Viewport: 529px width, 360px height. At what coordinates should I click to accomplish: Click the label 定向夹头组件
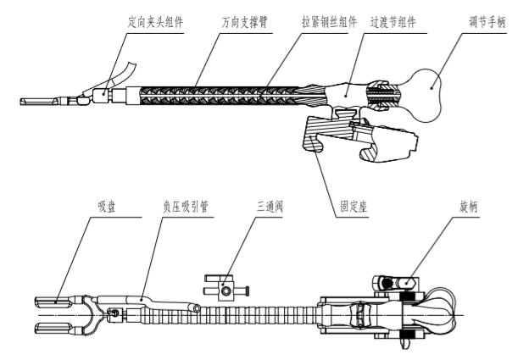[x=155, y=22]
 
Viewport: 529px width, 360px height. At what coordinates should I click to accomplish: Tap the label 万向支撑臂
[x=245, y=22]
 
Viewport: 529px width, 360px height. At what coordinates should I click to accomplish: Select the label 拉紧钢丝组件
[x=329, y=22]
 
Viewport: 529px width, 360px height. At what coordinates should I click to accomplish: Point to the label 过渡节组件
[x=393, y=22]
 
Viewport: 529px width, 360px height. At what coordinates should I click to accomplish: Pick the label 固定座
[x=354, y=207]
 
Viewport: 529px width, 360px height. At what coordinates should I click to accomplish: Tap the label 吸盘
[x=107, y=207]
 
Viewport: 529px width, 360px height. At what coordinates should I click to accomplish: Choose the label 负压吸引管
[x=186, y=207]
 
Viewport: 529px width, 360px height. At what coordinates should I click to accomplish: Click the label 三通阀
[x=270, y=207]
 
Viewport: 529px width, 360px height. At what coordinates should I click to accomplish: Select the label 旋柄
[x=469, y=207]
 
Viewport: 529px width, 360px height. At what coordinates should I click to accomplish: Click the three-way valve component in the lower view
[x=226, y=288]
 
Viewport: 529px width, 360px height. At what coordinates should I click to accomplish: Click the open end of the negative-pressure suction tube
[x=196, y=307]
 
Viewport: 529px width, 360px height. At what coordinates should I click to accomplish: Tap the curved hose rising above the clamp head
[x=125, y=73]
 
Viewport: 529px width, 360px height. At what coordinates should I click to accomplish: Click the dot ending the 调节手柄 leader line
[x=432, y=88]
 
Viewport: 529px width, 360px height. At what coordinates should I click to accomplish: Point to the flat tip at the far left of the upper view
[x=39, y=101]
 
